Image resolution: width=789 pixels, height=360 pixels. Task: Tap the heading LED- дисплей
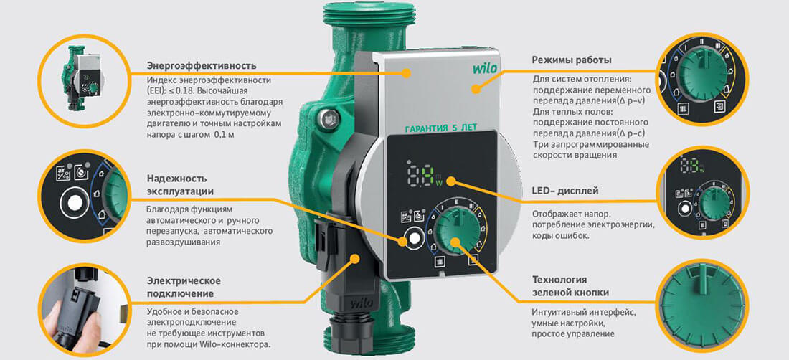pyautogui.click(x=565, y=191)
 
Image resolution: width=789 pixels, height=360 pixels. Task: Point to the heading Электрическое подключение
pyautogui.click(x=183, y=287)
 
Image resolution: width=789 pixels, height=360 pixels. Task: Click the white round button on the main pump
pyautogui.click(x=414, y=240)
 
